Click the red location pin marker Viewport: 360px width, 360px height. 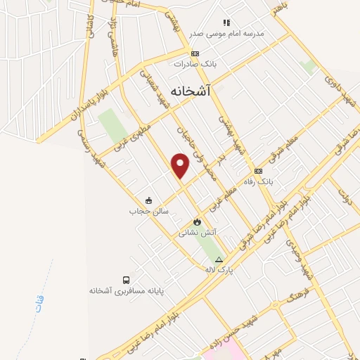[181, 166]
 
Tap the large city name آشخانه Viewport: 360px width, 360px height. [191, 90]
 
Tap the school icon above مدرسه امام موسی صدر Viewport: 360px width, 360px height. [226, 22]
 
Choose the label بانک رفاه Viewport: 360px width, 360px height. [258, 181]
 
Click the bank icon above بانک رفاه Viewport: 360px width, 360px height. [258, 172]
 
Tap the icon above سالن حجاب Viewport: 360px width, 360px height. [148, 200]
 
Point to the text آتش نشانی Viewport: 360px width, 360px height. [198, 232]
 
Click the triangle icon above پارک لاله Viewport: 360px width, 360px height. [219, 259]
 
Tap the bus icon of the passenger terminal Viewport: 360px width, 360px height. [126, 279]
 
